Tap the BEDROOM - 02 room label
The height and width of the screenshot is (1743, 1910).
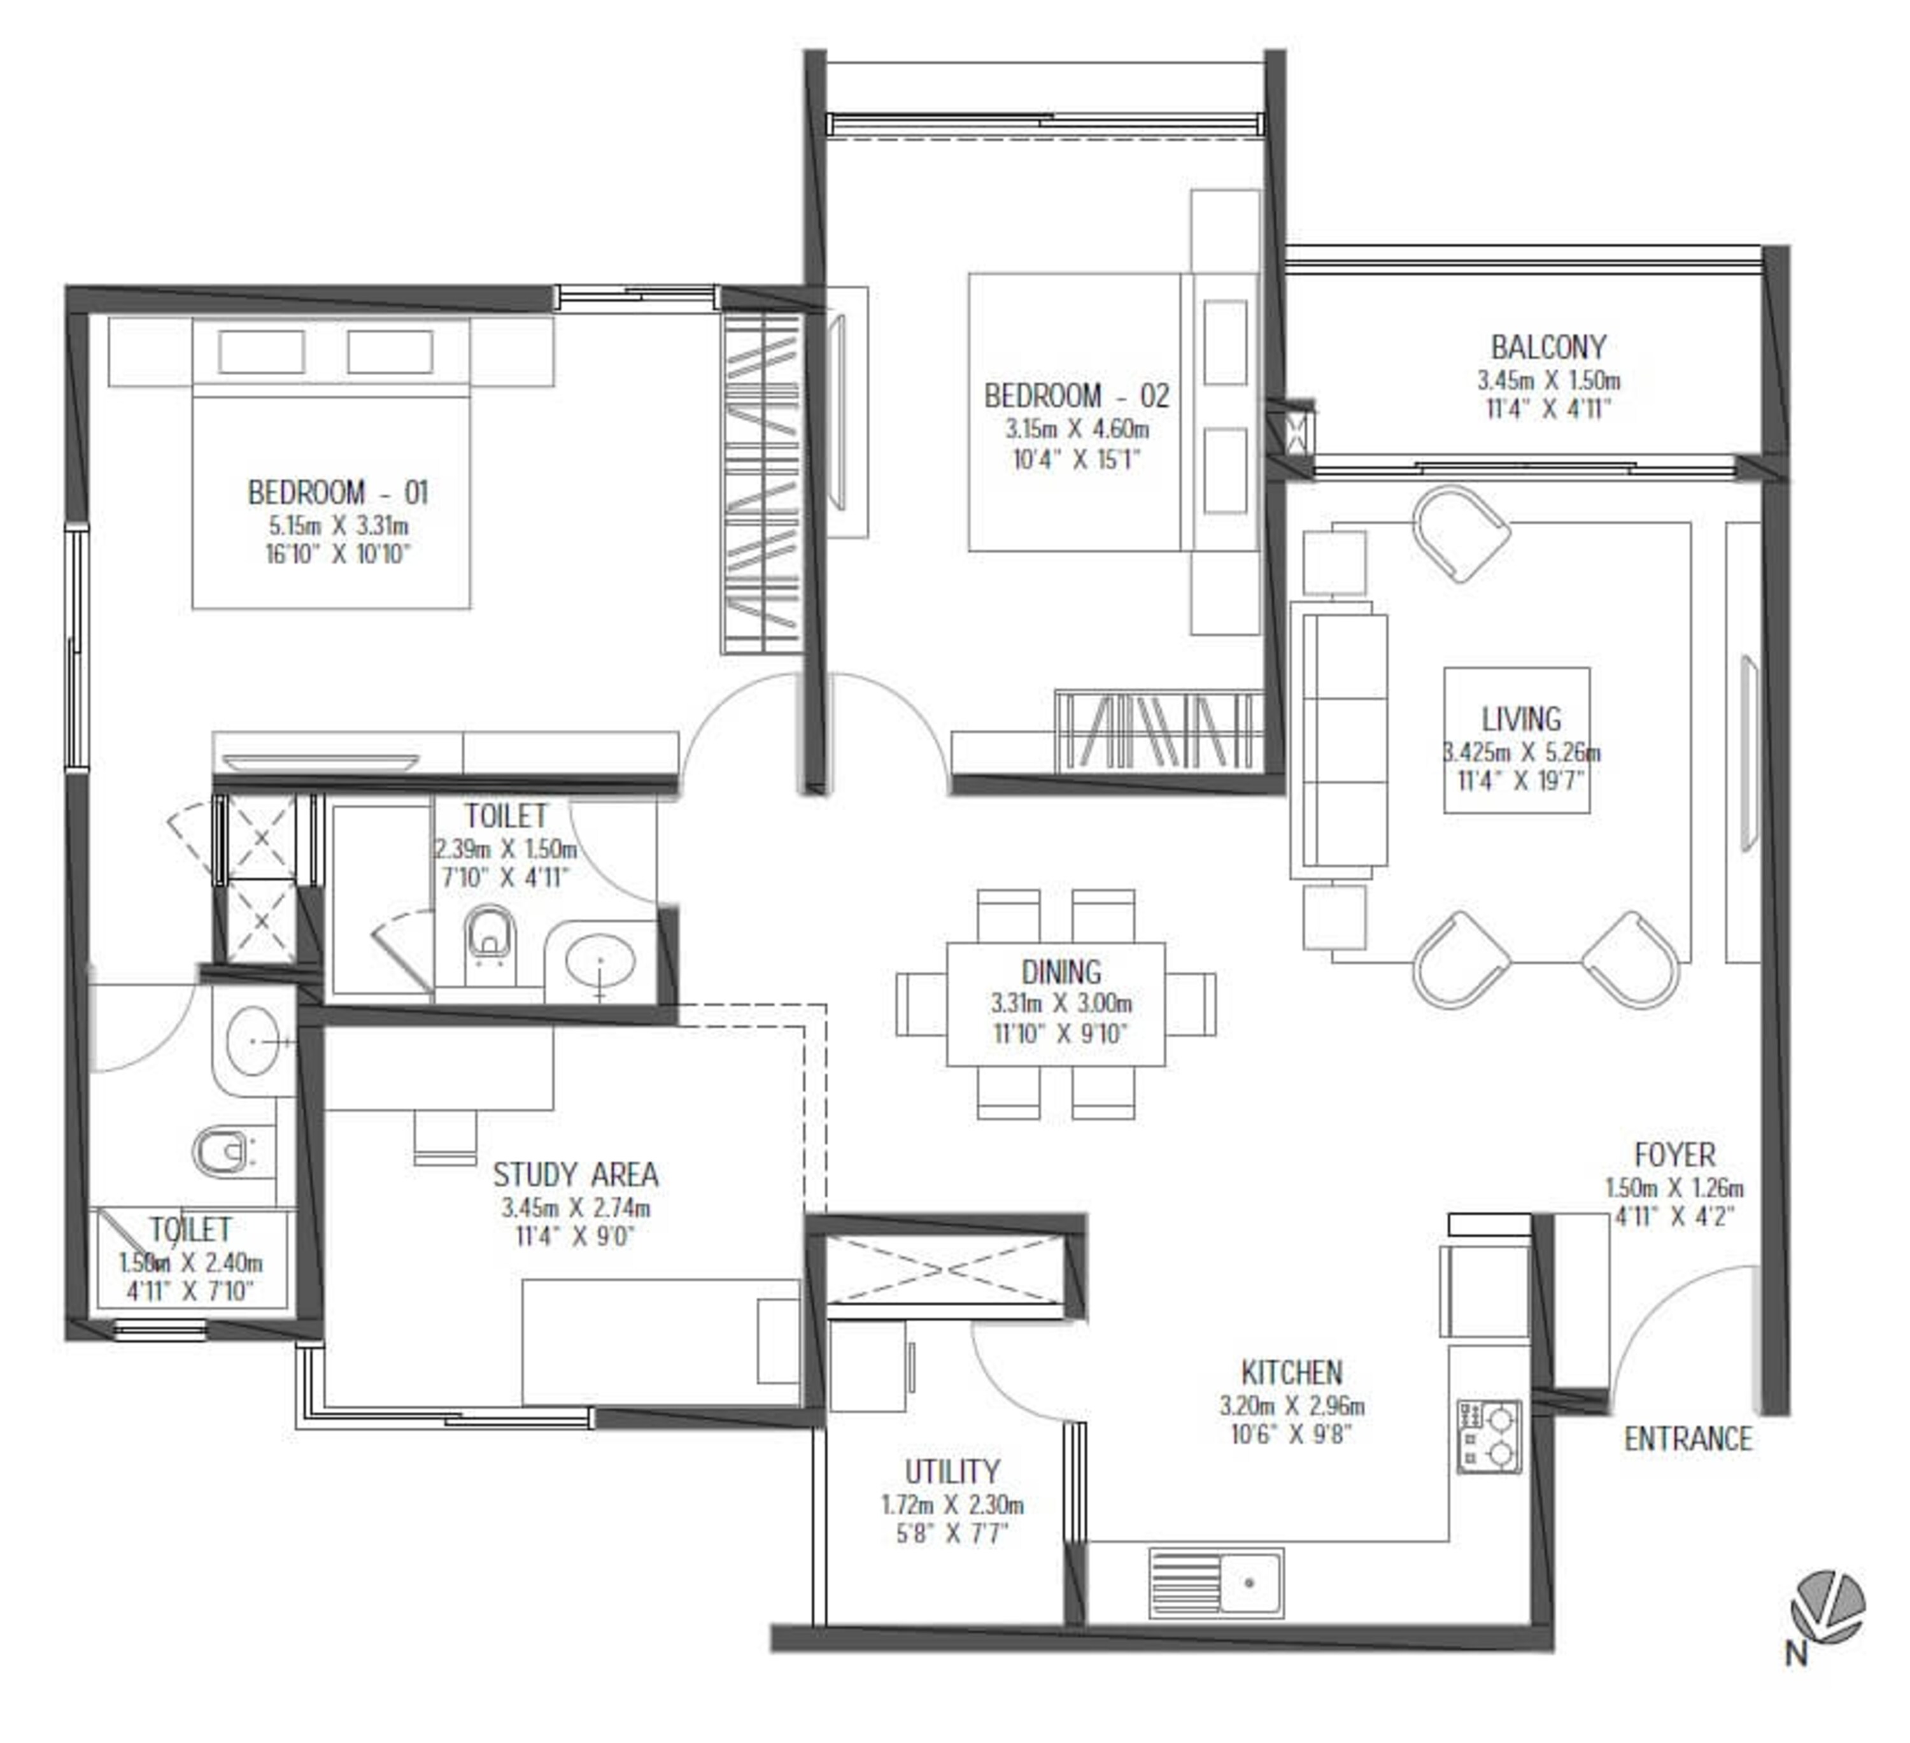[x=1076, y=396]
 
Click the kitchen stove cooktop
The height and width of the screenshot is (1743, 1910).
[x=1489, y=1436]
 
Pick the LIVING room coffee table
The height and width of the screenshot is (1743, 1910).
[x=1517, y=740]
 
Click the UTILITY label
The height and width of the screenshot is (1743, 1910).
[x=952, y=1472]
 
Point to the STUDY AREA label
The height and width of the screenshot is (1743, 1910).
[x=575, y=1176]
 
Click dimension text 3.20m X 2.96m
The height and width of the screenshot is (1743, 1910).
[x=1291, y=1405]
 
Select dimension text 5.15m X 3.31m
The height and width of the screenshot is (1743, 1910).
[x=338, y=525]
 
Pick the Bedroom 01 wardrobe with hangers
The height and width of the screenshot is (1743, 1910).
[x=761, y=483]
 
